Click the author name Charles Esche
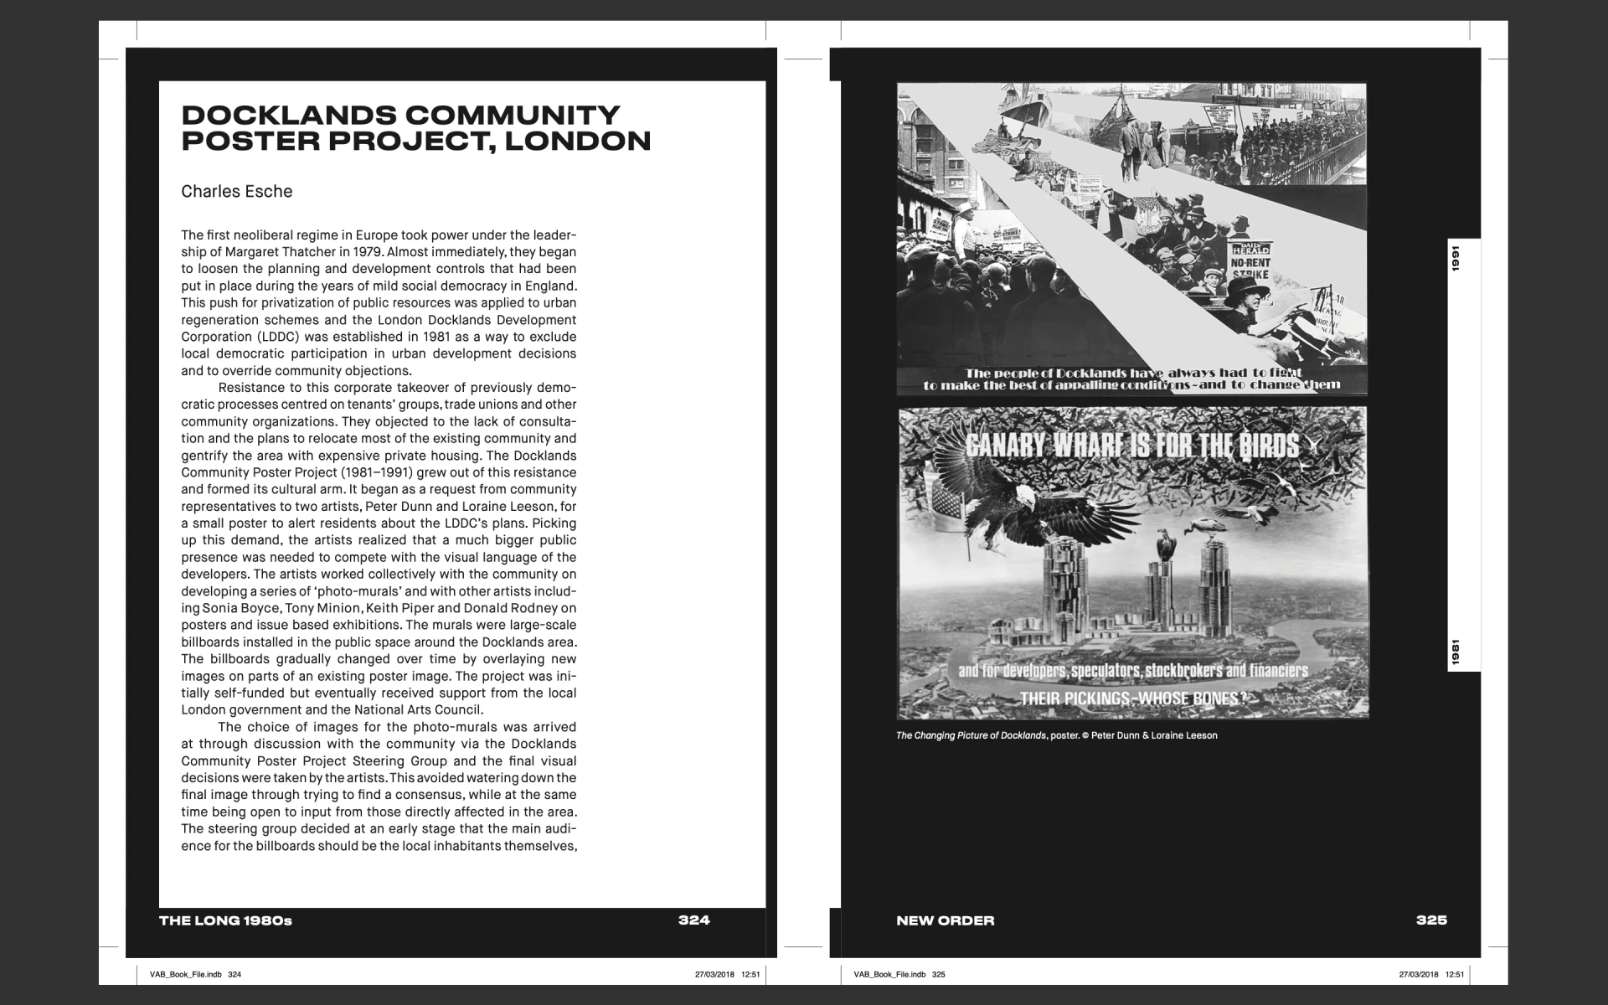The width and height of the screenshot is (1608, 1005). pos(236,192)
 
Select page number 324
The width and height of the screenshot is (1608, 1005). pos(693,920)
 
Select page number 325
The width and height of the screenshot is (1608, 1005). pos(1431,920)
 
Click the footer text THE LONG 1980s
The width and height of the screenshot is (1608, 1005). pos(225,920)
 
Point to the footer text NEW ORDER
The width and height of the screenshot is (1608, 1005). pos(945,920)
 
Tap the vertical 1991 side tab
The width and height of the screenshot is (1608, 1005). pos(1456,259)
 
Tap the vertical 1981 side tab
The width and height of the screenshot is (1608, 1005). pos(1456,652)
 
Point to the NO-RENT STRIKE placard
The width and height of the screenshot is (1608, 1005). pos(1250,267)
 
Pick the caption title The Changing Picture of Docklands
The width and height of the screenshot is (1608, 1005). pos(971,735)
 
